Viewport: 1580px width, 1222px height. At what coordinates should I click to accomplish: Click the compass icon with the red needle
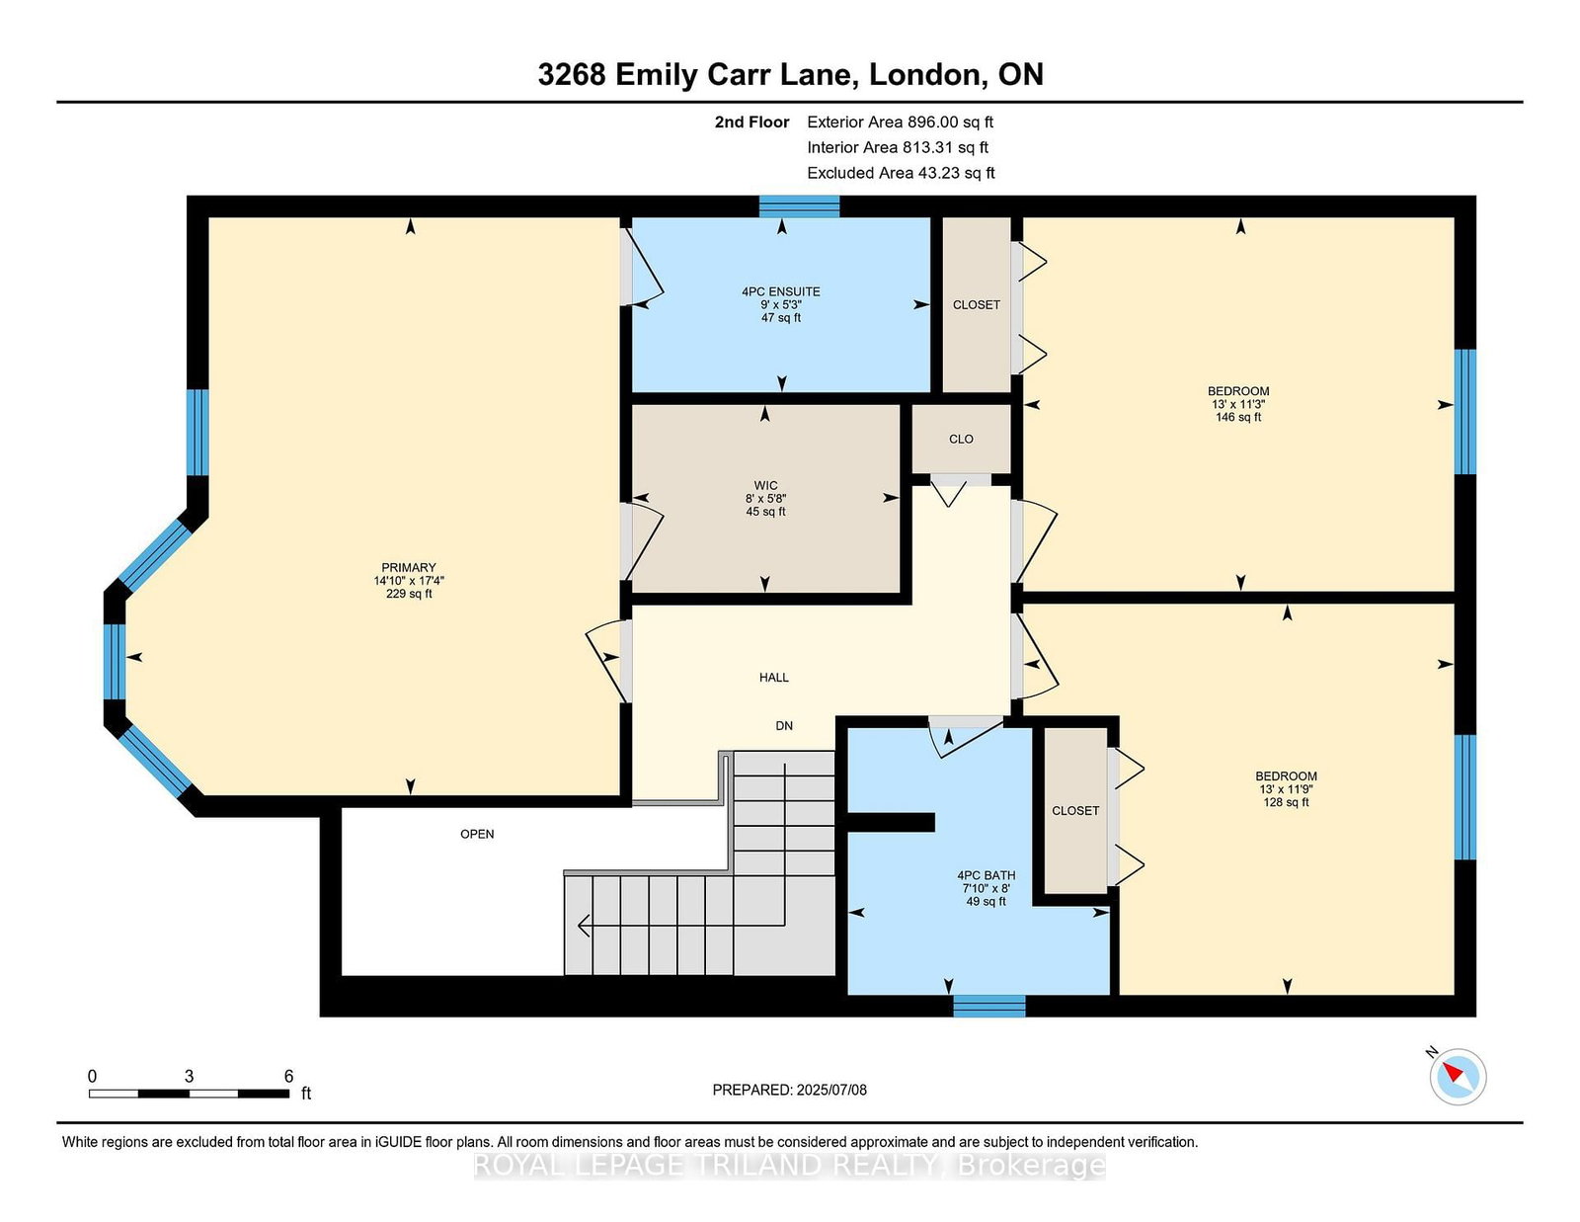pos(1458,1077)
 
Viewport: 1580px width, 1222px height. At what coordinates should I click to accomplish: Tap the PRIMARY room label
pos(409,567)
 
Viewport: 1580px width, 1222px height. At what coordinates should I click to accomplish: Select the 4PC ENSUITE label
pos(781,291)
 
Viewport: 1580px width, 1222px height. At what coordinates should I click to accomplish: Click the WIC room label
pos(765,485)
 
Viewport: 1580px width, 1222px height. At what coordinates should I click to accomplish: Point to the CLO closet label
pos(961,439)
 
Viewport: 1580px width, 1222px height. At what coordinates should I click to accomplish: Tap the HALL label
pos(773,678)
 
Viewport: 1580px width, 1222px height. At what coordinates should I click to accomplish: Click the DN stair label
pos(784,725)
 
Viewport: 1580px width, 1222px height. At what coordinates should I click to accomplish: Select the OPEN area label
pos(477,834)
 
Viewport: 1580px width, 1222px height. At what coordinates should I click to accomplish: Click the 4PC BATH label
pos(986,875)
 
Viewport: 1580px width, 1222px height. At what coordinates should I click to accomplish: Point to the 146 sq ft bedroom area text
pos(1238,417)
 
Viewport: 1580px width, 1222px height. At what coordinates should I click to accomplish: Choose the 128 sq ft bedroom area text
pos(1286,802)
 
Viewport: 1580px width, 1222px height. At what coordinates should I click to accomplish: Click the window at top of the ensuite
pos(799,206)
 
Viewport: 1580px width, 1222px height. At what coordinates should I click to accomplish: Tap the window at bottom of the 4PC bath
pos(988,1006)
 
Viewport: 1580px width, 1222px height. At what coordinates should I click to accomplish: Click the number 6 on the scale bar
pos(288,1076)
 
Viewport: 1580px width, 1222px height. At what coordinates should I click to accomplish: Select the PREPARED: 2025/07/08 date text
pos(790,1090)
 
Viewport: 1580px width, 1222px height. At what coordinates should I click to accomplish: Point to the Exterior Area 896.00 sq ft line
pos(901,122)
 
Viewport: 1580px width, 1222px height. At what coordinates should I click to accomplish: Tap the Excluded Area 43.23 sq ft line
pos(901,173)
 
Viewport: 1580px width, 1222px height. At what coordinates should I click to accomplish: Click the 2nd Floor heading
pos(751,122)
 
